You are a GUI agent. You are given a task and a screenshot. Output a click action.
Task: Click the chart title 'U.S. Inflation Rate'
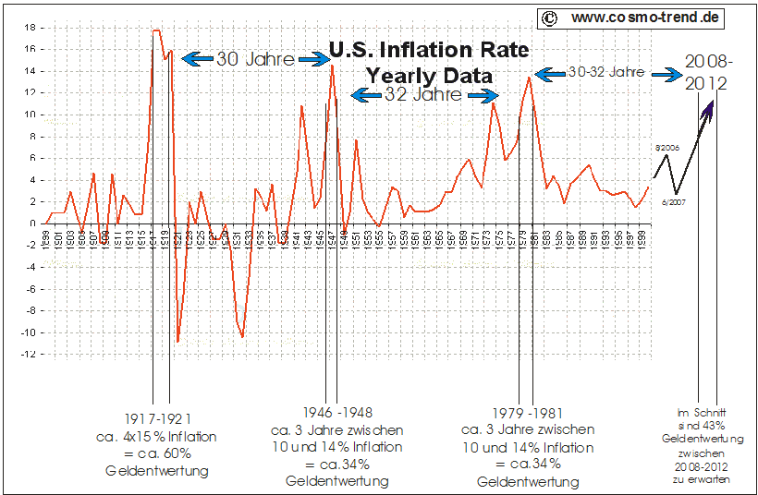(x=429, y=49)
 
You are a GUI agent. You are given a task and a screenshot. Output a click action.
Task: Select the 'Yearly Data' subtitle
(x=429, y=75)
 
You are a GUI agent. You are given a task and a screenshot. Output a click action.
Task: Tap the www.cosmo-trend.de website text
(x=644, y=18)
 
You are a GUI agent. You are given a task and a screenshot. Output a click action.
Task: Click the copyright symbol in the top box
(x=549, y=18)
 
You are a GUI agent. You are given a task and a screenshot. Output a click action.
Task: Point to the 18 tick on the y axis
(x=30, y=28)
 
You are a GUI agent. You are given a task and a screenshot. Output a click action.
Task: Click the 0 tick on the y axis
(x=32, y=223)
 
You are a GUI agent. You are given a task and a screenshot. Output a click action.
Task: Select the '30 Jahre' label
(x=255, y=59)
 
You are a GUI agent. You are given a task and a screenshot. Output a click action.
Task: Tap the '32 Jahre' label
(x=424, y=95)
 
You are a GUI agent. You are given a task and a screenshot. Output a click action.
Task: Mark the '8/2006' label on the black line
(x=666, y=146)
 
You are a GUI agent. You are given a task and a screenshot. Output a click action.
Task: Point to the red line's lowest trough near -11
(x=177, y=342)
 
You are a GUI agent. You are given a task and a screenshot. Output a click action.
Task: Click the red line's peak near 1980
(x=529, y=77)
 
